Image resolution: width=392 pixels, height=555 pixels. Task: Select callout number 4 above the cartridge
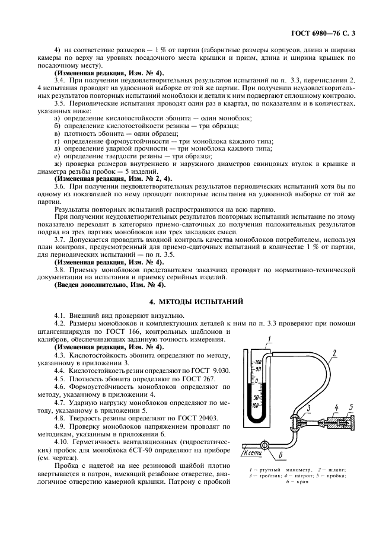pos(336,407)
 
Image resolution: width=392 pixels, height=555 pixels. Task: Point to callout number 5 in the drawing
pos(352,407)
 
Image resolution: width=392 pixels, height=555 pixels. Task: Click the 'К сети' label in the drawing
pos(252,452)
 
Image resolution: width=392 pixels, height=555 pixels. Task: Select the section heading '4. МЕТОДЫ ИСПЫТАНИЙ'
pos(196,302)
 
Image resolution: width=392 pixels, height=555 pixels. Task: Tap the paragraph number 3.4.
pos(59,79)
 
